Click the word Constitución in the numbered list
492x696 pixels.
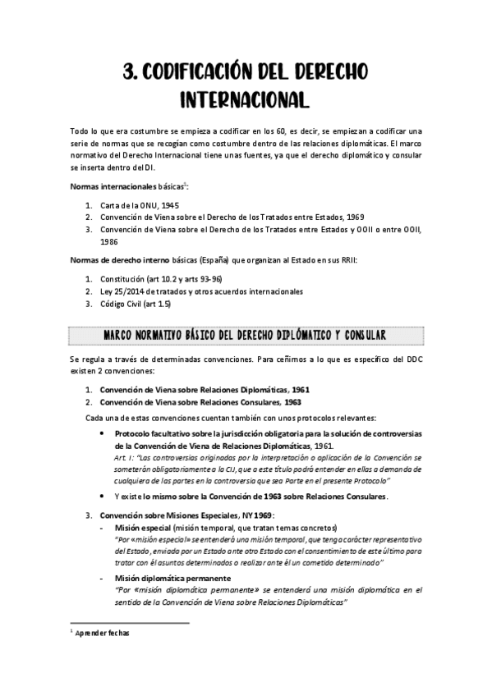click(x=123, y=278)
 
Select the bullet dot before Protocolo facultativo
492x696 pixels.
click(x=100, y=432)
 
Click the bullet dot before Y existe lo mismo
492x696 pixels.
click(x=100, y=496)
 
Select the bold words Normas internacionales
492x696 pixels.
click(x=104, y=186)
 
